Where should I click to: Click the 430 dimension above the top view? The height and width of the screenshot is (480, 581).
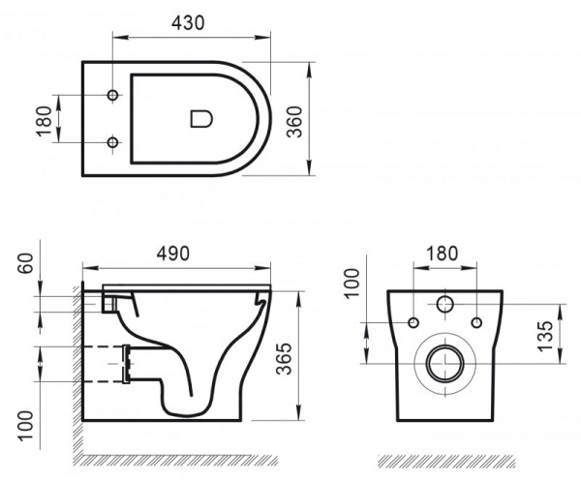188,23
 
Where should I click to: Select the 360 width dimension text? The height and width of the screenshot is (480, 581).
295,122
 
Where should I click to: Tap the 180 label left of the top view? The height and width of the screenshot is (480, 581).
45,121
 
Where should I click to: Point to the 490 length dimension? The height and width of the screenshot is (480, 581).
173,254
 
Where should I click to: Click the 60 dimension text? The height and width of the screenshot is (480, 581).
26,263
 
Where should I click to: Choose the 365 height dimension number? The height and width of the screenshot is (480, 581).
285,358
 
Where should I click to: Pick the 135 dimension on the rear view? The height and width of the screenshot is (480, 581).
545,337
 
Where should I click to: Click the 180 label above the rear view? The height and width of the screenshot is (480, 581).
443,254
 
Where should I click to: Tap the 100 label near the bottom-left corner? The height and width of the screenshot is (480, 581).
26,426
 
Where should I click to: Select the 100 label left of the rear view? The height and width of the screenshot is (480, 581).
352,283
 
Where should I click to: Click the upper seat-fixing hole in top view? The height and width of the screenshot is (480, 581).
112,95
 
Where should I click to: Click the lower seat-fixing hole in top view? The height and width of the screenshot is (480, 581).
112,142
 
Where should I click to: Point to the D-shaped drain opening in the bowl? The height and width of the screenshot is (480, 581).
201,119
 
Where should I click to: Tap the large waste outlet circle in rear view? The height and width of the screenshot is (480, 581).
444,363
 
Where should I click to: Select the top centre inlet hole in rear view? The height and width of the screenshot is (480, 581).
445,305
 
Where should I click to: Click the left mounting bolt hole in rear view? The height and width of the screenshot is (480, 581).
413,322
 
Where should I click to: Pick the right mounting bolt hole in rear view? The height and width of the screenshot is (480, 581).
476,322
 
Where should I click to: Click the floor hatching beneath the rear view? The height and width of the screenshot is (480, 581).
446,461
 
